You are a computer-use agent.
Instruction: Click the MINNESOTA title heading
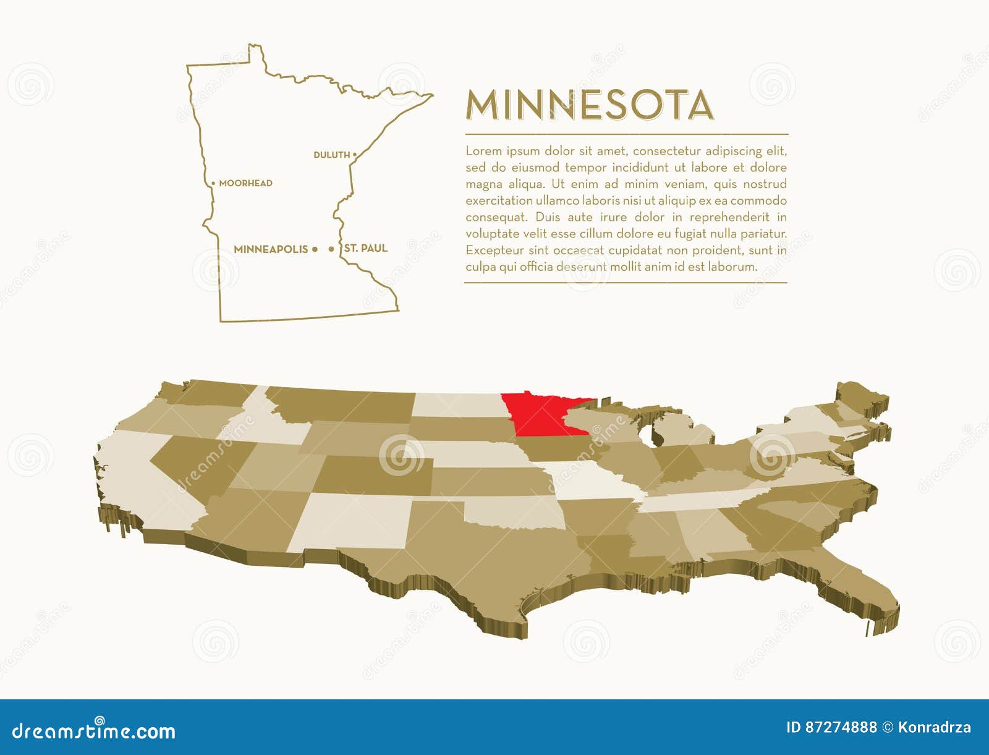(x=590, y=105)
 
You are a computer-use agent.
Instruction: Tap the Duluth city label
(x=331, y=155)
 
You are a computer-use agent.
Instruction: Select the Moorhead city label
(x=245, y=183)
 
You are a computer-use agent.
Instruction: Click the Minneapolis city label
(x=271, y=249)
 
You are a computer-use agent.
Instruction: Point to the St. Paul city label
(x=366, y=248)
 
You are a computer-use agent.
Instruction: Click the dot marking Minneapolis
(x=315, y=249)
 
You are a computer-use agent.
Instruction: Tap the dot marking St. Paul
(x=331, y=249)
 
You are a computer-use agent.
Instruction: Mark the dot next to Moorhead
(x=213, y=184)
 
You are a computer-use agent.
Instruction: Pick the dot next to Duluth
(x=355, y=155)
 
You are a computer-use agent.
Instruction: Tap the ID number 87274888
(x=841, y=727)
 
